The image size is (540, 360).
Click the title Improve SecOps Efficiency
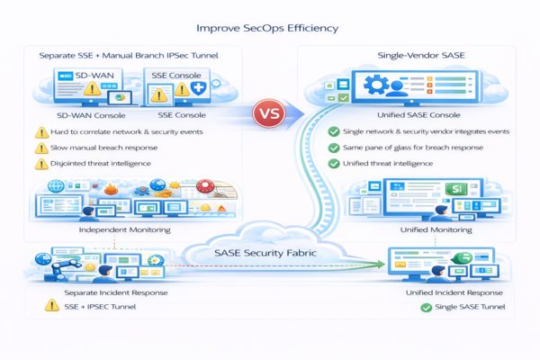pos(271,28)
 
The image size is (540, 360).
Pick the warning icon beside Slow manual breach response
pos(41,148)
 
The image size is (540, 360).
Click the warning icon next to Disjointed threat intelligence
pos(41,164)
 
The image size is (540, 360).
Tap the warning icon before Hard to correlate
pos(41,132)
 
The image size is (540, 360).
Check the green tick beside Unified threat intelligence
pos(335,164)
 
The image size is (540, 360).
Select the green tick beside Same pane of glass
pos(335,148)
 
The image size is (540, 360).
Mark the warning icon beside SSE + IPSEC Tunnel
pos(52,307)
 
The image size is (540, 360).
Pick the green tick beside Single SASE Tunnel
pos(426,309)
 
